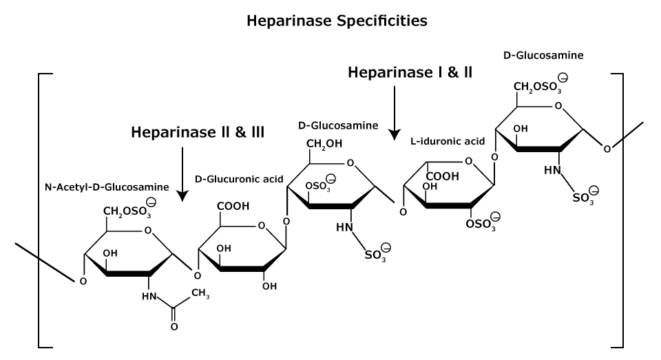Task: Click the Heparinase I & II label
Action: click(410, 72)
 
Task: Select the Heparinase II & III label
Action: click(198, 132)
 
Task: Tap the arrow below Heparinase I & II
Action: click(394, 111)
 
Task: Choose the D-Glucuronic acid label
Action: click(239, 179)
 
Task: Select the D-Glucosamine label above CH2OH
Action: click(338, 125)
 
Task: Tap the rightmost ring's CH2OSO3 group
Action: click(540, 87)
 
